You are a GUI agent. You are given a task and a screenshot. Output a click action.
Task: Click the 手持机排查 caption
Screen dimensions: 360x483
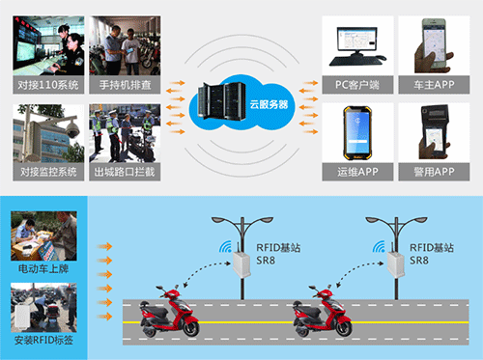pos(123,85)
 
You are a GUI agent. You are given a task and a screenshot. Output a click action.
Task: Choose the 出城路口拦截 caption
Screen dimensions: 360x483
pos(123,172)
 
